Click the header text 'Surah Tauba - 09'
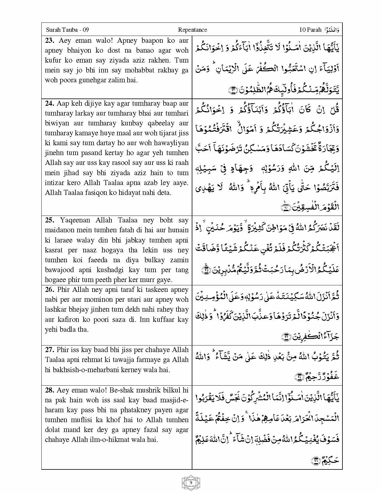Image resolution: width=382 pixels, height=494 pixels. [x=67, y=30]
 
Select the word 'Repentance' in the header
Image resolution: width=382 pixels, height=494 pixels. [x=192, y=30]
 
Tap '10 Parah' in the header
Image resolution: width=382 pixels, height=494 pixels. [x=310, y=30]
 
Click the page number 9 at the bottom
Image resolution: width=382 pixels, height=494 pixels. [x=191, y=482]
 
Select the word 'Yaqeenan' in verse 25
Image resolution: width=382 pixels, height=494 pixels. [x=75, y=220]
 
